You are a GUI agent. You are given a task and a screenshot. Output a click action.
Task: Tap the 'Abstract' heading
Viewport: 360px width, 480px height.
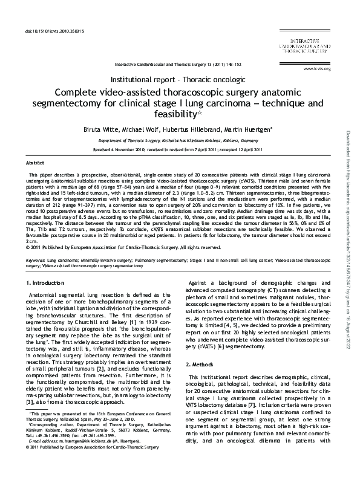(x=35, y=164)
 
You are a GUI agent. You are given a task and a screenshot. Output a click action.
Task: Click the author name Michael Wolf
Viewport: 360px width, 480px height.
(x=142, y=129)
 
